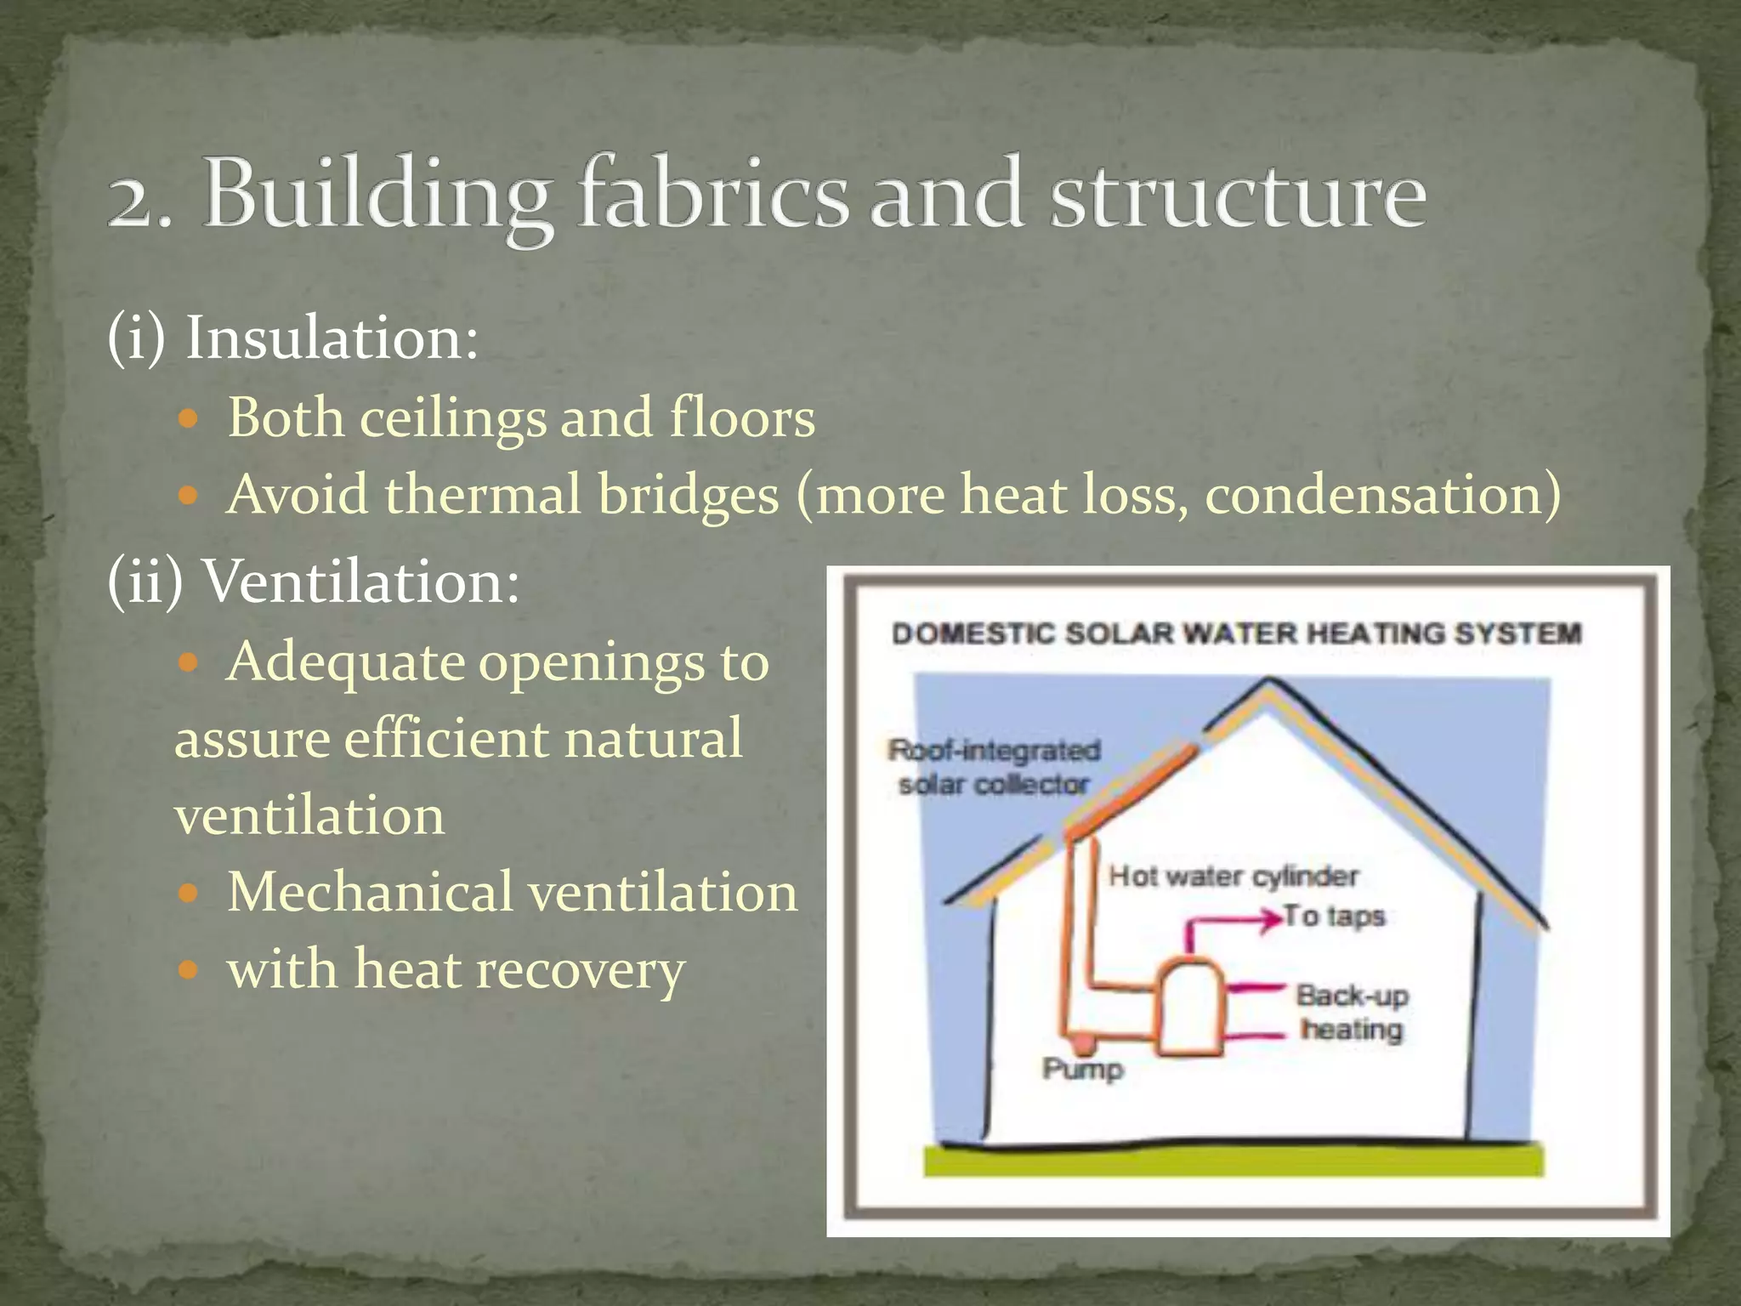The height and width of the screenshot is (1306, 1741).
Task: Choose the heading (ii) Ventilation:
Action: (x=313, y=582)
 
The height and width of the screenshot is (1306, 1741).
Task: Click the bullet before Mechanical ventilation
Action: (x=190, y=894)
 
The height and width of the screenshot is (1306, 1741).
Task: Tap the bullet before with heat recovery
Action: (x=190, y=969)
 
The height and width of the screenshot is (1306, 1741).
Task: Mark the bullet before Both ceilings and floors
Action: (x=190, y=419)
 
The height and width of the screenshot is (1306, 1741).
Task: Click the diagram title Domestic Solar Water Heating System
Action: (x=1237, y=633)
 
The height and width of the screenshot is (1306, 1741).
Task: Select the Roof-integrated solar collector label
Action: (x=994, y=768)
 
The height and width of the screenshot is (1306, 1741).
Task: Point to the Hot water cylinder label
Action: (x=1233, y=876)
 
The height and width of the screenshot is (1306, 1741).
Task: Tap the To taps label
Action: (x=1335, y=917)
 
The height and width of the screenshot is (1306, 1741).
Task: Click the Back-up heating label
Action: (x=1352, y=1013)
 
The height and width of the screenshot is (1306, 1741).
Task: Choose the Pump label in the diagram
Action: (x=1082, y=1069)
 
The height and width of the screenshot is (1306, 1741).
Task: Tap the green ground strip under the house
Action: (x=1233, y=1161)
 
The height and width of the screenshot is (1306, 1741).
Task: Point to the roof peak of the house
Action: (x=1268, y=685)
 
